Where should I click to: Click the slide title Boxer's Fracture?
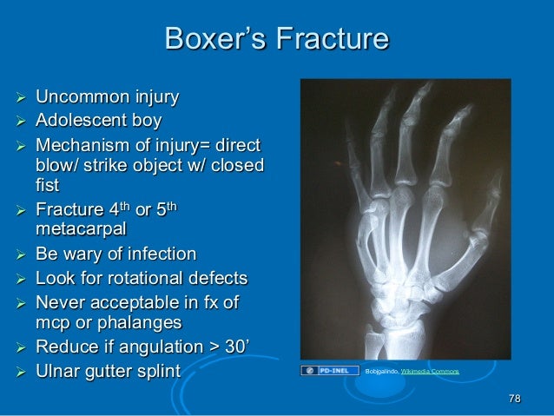click(277, 40)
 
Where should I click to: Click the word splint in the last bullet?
click(159, 373)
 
